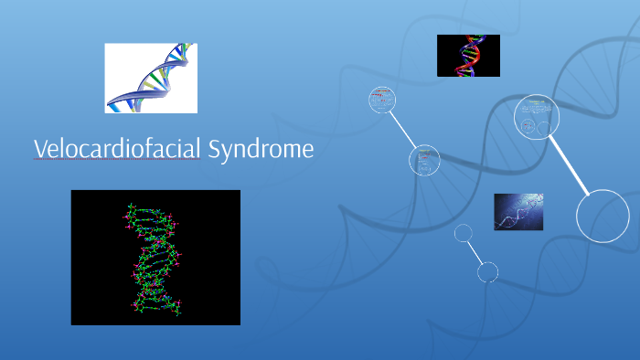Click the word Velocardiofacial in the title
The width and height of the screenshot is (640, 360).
pyautogui.click(x=117, y=149)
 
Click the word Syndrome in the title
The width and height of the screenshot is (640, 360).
pyautogui.click(x=261, y=149)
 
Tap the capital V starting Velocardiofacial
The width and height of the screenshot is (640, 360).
pyautogui.click(x=40, y=149)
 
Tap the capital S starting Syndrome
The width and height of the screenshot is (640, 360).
pyautogui.click(x=214, y=149)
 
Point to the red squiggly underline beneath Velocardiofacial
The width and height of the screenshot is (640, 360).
pyautogui.click(x=117, y=160)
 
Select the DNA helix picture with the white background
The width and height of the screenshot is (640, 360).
pyautogui.click(x=151, y=78)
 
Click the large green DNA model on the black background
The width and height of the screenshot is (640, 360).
pyautogui.click(x=155, y=258)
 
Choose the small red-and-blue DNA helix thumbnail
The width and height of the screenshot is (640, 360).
pyautogui.click(x=468, y=55)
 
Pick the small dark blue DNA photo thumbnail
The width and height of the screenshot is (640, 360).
pyautogui.click(x=518, y=211)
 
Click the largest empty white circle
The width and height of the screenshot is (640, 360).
pyautogui.click(x=603, y=216)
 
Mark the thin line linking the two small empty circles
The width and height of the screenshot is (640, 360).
pyautogui.click(x=475, y=252)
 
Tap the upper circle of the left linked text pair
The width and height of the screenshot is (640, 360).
pyautogui.click(x=382, y=100)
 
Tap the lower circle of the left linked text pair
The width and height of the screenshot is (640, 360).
pyautogui.click(x=424, y=160)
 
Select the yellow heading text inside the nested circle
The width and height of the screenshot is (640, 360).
pyautogui.click(x=537, y=102)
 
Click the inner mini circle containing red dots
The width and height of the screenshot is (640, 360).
pyautogui.click(x=528, y=126)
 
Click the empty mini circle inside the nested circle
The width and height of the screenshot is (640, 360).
pyautogui.click(x=544, y=128)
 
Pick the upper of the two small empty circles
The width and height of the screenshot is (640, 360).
pyautogui.click(x=464, y=233)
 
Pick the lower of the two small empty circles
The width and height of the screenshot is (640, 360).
pyautogui.click(x=487, y=271)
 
